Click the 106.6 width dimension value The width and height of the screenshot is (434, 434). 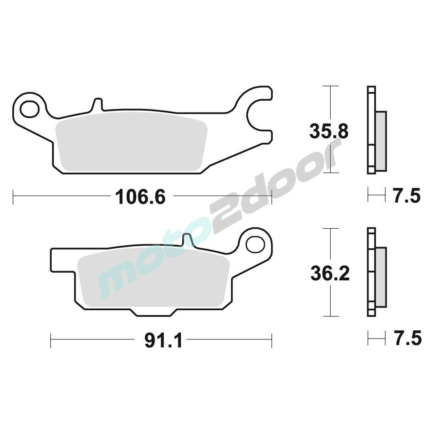coord(140,197)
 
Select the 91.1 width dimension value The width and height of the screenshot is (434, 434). coord(163,341)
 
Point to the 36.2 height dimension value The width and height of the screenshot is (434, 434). coord(330,273)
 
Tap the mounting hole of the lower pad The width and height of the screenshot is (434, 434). coord(255,244)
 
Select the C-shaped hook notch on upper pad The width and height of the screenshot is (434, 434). coord(257,113)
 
